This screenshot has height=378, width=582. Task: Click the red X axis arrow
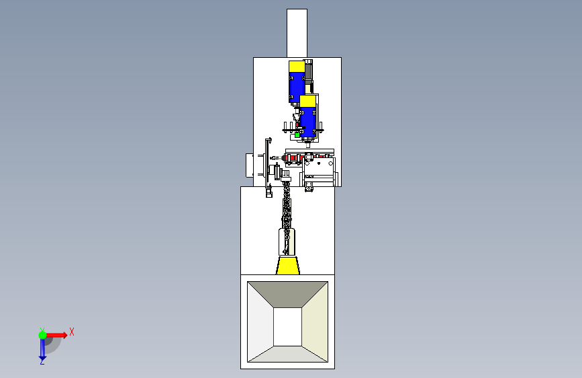(x=56, y=335)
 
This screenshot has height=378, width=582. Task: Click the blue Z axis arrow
(x=42, y=348)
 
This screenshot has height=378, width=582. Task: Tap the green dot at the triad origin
(x=42, y=335)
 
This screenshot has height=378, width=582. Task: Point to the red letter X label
(x=72, y=332)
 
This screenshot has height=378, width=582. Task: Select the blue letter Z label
(x=42, y=361)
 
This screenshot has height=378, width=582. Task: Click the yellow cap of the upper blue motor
(x=297, y=66)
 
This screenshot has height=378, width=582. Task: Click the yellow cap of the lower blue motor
(x=307, y=101)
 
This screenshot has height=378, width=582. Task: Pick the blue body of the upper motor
(x=297, y=87)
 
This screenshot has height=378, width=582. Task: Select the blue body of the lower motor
(x=308, y=122)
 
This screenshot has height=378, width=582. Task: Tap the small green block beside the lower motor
(x=297, y=135)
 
